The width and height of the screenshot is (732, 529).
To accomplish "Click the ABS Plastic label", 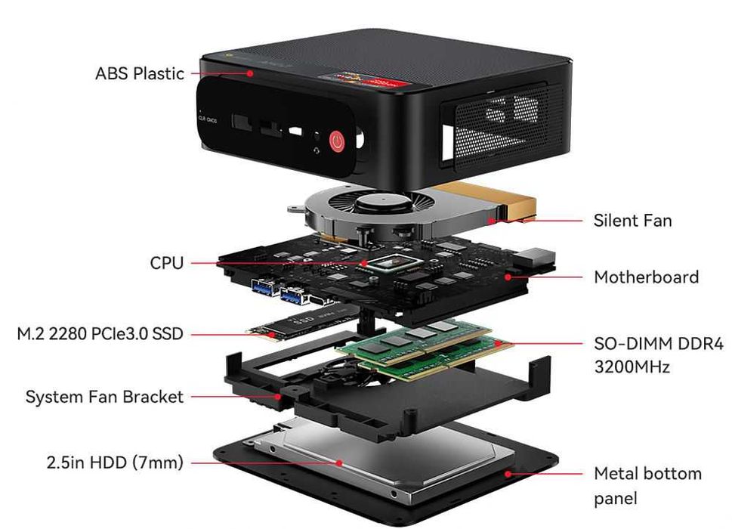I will [140, 73].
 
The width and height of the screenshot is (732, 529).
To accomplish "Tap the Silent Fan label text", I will [632, 221].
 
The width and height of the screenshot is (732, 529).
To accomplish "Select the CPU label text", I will [166, 263].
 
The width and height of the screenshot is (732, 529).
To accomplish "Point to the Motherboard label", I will [646, 277].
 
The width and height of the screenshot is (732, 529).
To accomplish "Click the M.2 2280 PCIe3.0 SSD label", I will [100, 333].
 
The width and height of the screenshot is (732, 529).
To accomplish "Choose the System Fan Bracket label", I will [104, 397].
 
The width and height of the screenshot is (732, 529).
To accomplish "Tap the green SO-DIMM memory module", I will [423, 345].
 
